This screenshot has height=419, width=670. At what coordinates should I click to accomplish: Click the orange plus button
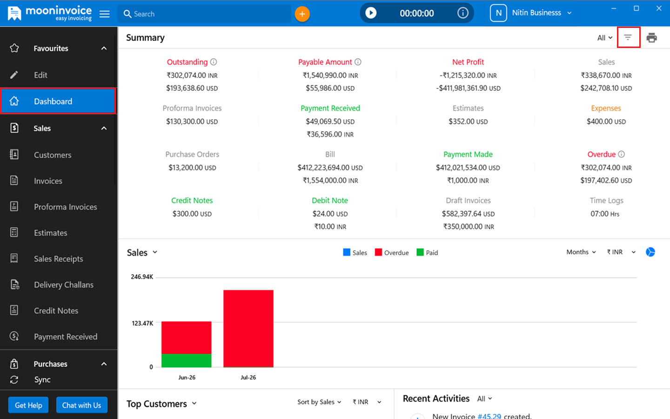pyautogui.click(x=302, y=14)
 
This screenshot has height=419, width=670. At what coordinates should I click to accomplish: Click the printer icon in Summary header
pyautogui.click(x=651, y=38)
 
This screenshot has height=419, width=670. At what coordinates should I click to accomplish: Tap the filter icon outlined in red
pyautogui.click(x=628, y=37)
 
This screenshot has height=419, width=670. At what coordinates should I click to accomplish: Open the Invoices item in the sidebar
pyautogui.click(x=48, y=181)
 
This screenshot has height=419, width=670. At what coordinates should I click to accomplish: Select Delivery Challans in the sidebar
pyautogui.click(x=63, y=284)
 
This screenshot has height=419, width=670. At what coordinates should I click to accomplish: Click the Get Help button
pyautogui.click(x=28, y=405)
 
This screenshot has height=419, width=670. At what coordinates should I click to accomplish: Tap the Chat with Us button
pyautogui.click(x=82, y=405)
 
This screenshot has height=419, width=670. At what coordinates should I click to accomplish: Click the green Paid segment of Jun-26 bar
pyautogui.click(x=186, y=360)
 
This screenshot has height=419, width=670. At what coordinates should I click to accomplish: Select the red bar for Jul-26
pyautogui.click(x=248, y=328)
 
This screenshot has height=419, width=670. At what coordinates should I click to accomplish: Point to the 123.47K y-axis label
pyautogui.click(x=142, y=323)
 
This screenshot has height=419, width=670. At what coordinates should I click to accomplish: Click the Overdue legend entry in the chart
pyautogui.click(x=392, y=253)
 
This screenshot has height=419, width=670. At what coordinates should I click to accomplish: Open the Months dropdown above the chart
pyautogui.click(x=581, y=252)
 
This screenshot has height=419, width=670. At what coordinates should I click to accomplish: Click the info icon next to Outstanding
pyautogui.click(x=214, y=62)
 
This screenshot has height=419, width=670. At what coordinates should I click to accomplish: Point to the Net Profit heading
pyautogui.click(x=468, y=62)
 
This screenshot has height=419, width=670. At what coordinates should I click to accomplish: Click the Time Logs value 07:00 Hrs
pyautogui.click(x=605, y=214)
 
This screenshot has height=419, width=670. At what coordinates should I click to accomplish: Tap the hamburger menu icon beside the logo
pyautogui.click(x=104, y=14)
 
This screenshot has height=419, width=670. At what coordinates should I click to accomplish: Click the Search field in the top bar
pyautogui.click(x=204, y=14)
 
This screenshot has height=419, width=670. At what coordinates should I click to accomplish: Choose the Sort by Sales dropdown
pyautogui.click(x=319, y=402)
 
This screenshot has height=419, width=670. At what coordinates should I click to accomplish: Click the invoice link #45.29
pyautogui.click(x=489, y=416)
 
